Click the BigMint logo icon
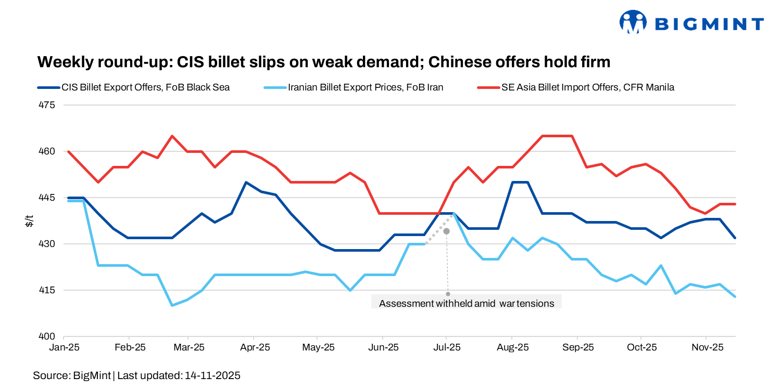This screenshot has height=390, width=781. click(x=632, y=22)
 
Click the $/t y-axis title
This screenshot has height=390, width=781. click(x=29, y=221)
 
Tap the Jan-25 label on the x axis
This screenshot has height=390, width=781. click(x=64, y=347)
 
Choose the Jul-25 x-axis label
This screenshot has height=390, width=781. click(x=447, y=347)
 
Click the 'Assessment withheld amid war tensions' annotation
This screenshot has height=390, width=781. click(x=467, y=303)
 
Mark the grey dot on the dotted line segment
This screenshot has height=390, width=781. click(x=446, y=231)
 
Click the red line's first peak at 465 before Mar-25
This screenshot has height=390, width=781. click(x=172, y=136)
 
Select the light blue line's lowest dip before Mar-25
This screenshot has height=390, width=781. click(x=172, y=305)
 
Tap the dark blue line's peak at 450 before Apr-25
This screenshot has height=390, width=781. click(x=246, y=183)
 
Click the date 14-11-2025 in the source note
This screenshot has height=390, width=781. click(x=212, y=375)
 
